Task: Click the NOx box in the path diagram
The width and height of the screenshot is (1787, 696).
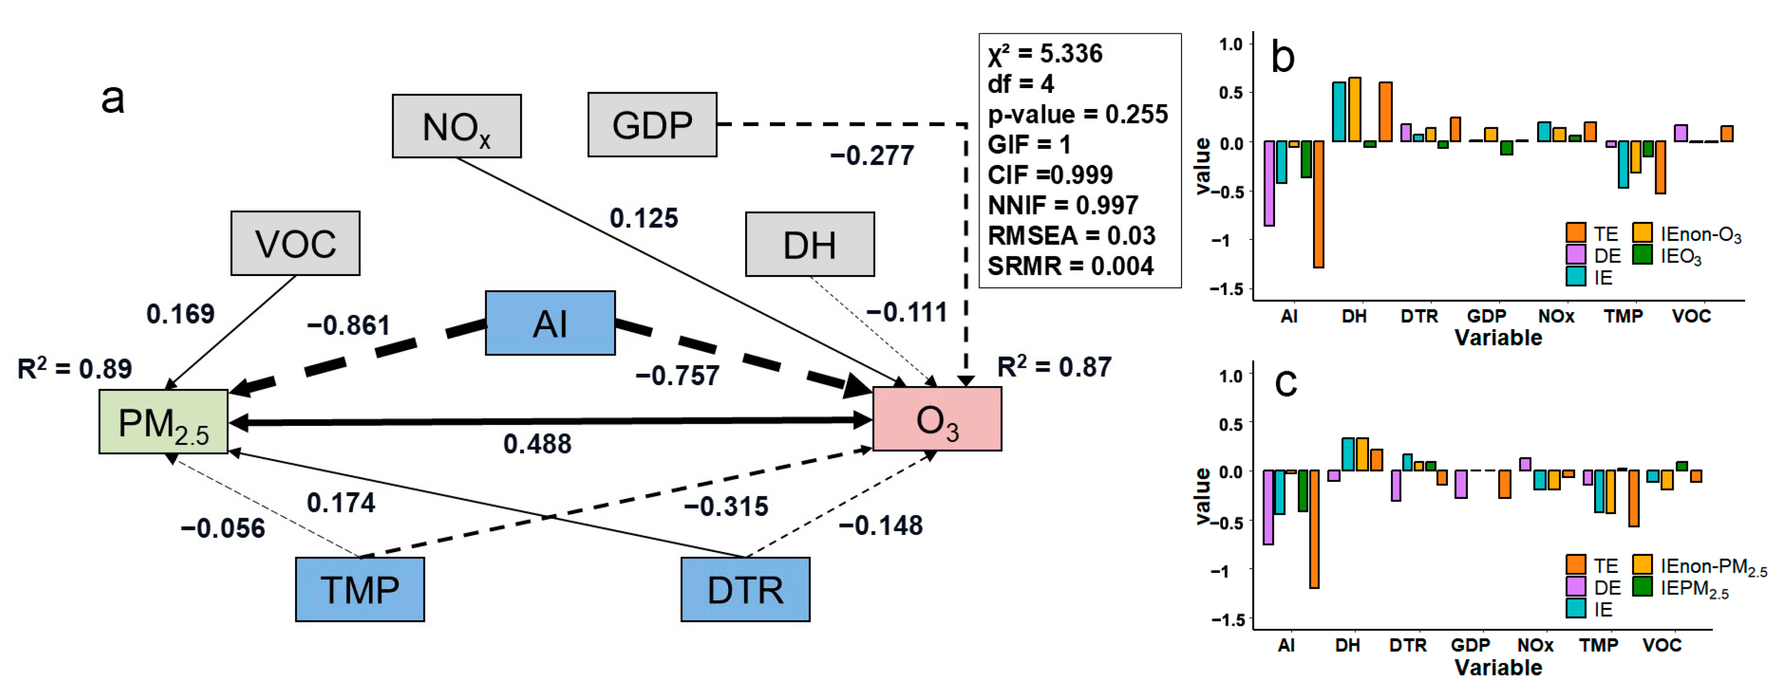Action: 457,126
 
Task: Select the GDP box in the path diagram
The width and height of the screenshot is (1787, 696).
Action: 652,125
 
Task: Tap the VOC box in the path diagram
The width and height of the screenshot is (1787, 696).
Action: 296,243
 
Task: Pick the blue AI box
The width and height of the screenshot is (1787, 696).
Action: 550,323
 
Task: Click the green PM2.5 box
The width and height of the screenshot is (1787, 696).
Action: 164,422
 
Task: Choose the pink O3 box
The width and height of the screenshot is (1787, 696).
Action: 937,419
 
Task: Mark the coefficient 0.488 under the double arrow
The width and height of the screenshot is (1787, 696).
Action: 538,444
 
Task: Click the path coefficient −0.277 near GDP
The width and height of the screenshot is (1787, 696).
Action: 872,156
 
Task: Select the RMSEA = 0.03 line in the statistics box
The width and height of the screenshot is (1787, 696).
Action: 1071,236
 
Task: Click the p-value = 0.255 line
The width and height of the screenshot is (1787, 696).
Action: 1077,114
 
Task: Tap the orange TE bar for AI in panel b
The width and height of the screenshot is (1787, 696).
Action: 1318,205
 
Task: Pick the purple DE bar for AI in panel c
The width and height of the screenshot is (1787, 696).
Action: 1268,508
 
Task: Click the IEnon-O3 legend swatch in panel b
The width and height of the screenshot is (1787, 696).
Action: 1642,233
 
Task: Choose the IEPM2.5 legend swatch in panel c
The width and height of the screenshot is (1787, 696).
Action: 1642,587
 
